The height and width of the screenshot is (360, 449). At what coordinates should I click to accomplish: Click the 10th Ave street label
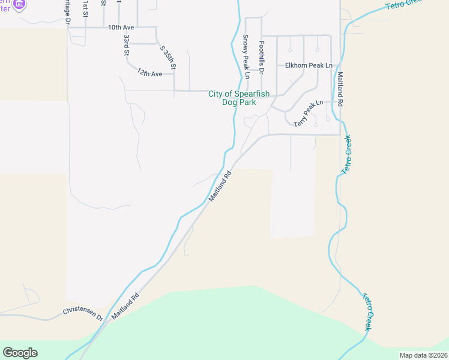coord(121,28)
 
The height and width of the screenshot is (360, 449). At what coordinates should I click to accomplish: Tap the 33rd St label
coord(127,45)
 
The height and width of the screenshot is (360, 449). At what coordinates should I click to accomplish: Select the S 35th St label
coord(166,58)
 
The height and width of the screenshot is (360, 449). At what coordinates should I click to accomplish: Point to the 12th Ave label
coord(149,73)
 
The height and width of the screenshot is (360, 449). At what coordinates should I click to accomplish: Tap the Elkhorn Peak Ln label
coord(309,65)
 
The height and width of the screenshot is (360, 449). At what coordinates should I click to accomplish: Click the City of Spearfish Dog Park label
coord(239,98)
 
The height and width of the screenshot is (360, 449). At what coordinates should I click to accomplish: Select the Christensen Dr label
coord(83,314)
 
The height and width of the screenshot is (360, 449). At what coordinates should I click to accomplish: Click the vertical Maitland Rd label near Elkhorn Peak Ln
coord(340,89)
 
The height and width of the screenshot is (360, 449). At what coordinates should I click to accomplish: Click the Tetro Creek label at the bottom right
coord(369,311)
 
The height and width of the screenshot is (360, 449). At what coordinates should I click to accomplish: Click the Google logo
coord(20,353)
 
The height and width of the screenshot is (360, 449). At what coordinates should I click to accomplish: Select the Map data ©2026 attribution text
coord(423,355)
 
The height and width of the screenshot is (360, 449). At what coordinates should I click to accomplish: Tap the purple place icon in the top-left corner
coord(19,4)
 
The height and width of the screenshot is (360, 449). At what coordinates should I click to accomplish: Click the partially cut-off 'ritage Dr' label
coord(68,13)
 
